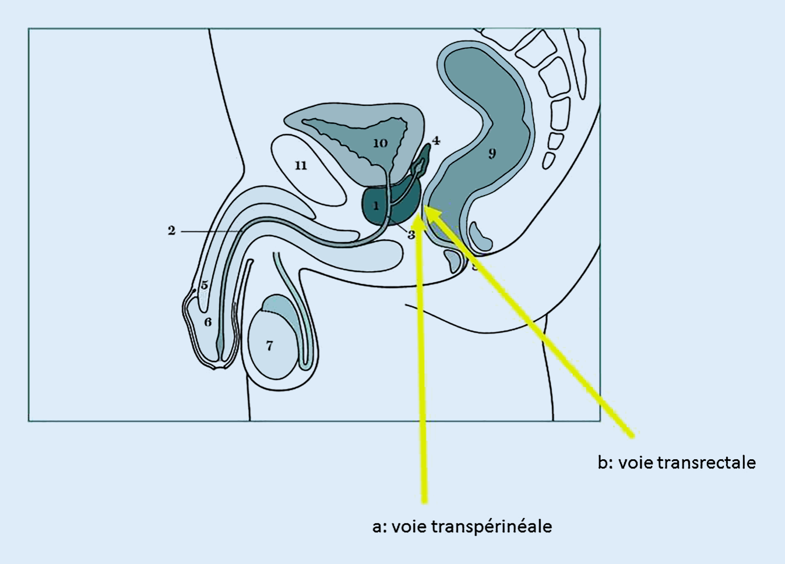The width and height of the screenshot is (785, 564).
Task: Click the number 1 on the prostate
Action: [376, 205]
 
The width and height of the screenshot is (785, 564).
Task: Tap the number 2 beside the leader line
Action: [171, 231]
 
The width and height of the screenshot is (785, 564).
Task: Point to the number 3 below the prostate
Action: [411, 235]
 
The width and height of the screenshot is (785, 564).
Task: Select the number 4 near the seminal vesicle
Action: [435, 141]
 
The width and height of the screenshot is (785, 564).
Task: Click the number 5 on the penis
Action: [205, 285]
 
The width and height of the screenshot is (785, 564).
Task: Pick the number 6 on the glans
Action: [208, 322]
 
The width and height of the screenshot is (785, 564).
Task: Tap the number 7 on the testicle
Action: [269, 346]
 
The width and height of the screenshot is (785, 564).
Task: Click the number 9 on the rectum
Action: [492, 154]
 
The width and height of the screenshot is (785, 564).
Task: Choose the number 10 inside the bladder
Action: [380, 143]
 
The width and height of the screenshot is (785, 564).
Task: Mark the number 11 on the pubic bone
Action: [301, 166]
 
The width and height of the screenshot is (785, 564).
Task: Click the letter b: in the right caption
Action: [605, 463]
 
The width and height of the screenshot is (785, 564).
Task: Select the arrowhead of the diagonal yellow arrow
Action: [428, 210]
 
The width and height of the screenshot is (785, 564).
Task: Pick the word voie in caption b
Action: [636, 463]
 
